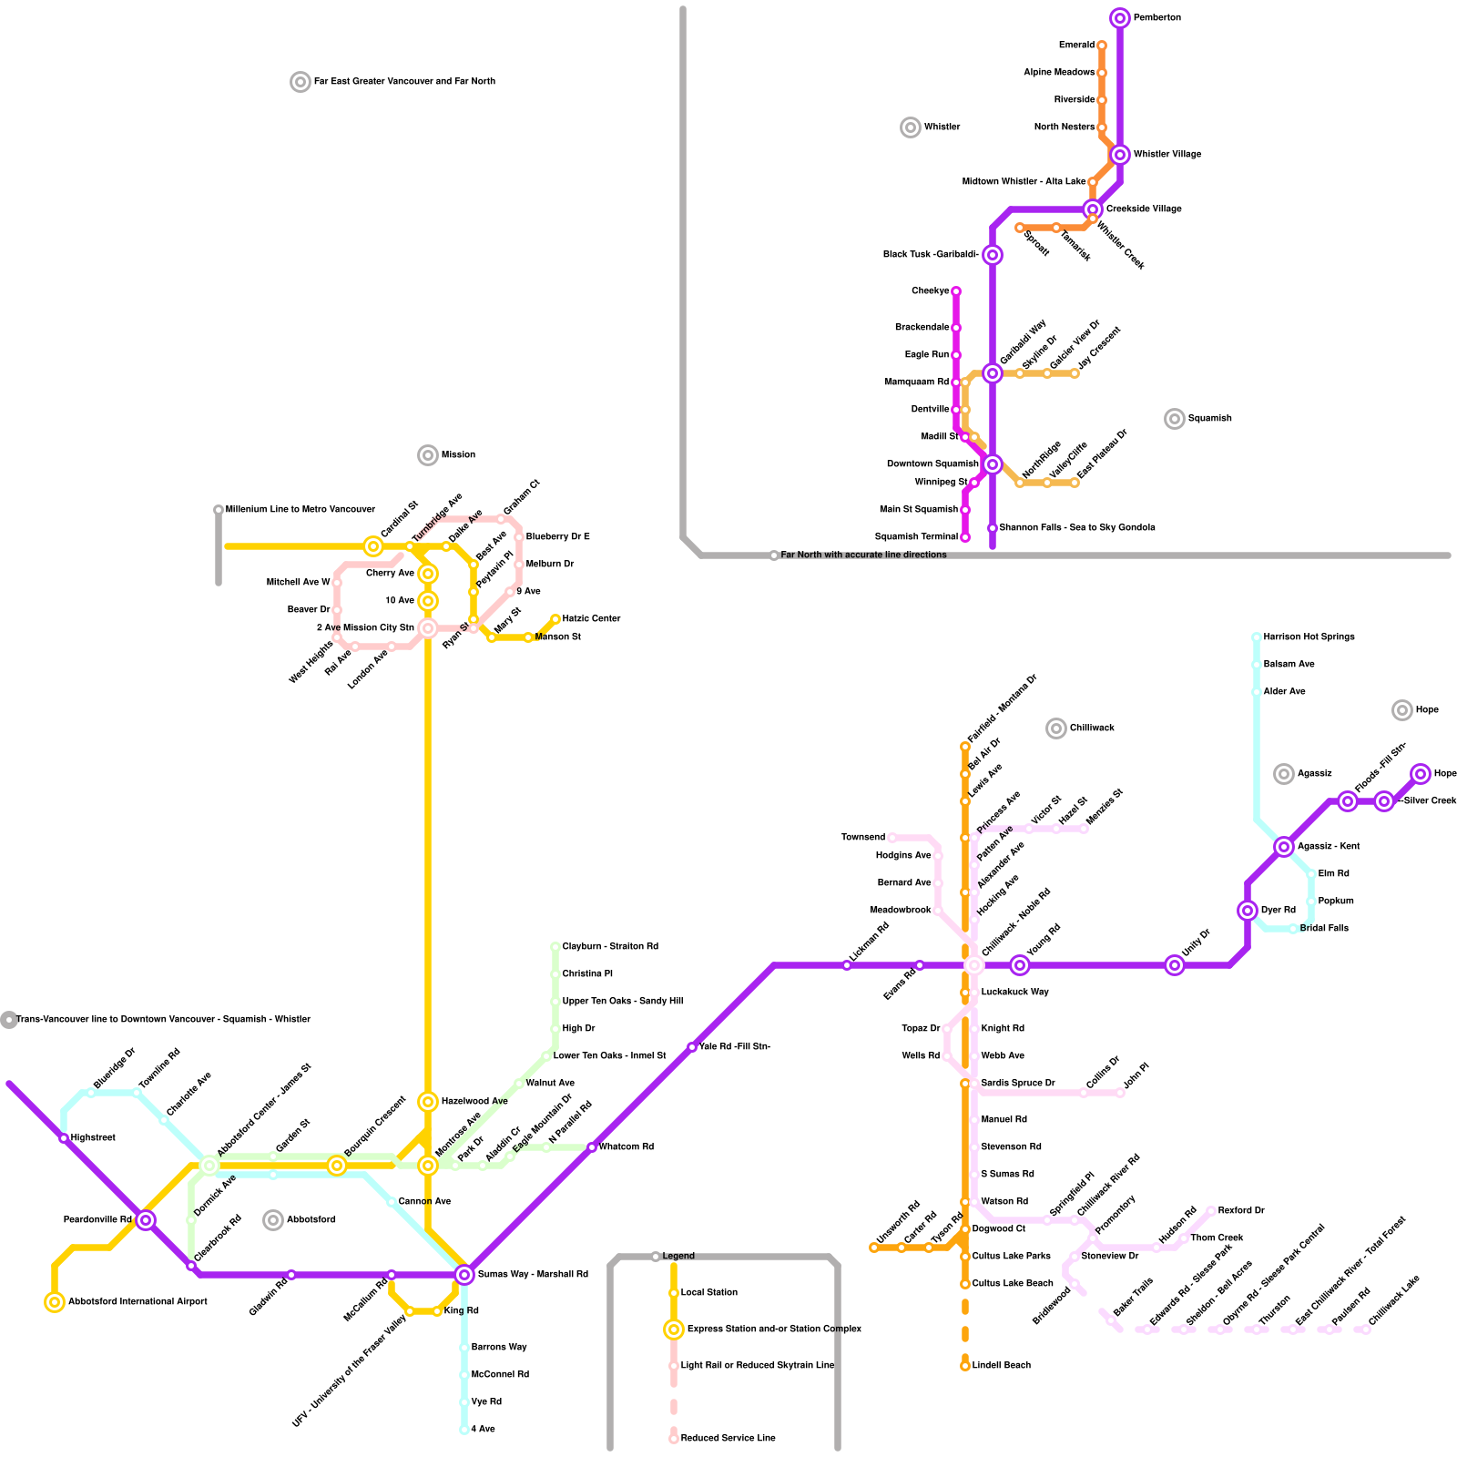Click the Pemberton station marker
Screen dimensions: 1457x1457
(1120, 18)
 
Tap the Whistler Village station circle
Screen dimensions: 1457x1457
(1120, 155)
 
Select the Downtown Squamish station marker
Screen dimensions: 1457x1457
(993, 464)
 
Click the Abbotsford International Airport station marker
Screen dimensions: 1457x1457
(55, 1302)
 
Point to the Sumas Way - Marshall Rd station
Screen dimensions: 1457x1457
(464, 1275)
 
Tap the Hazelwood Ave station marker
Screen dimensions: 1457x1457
(428, 1102)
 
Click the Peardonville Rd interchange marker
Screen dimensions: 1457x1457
(146, 1220)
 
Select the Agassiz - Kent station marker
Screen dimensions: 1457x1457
(1284, 847)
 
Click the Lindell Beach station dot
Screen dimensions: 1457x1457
(965, 1366)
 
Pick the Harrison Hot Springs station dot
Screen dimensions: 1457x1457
(1257, 637)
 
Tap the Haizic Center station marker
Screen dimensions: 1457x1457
(555, 619)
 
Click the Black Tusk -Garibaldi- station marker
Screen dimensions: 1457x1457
(993, 255)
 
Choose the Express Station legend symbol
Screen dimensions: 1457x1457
(674, 1330)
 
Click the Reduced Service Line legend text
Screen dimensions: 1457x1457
(728, 1439)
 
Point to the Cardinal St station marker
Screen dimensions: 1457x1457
(373, 546)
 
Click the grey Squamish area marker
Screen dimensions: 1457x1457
(1175, 419)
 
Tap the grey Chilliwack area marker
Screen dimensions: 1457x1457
(1056, 728)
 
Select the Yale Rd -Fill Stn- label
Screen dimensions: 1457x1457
(735, 1047)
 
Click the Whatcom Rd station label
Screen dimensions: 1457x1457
(626, 1147)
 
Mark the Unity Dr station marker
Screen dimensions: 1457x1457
(1175, 965)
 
